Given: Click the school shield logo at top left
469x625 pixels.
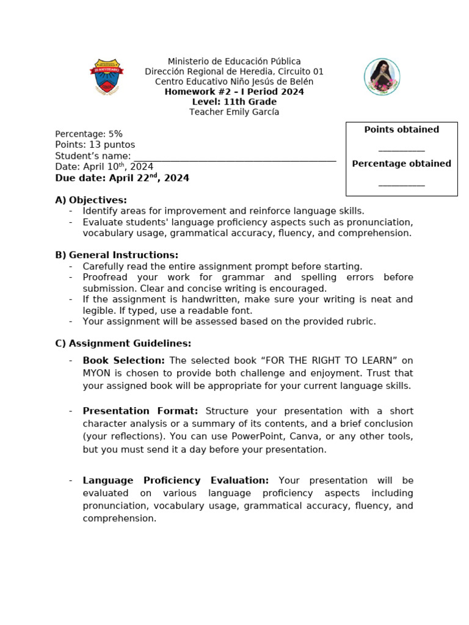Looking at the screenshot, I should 107,77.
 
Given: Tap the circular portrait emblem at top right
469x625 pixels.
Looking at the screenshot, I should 382,77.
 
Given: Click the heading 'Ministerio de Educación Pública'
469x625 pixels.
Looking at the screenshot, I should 234,62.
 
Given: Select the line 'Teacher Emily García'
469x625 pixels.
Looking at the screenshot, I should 234,112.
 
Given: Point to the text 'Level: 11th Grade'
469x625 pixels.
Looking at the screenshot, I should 234,102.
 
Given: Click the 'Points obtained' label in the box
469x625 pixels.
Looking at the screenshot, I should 401,129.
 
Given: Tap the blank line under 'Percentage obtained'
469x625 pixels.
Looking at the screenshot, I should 401,183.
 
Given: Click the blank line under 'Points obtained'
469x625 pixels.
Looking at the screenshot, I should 401,149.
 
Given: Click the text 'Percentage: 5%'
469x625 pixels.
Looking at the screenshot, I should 89,134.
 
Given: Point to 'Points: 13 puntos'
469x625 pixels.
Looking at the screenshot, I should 95,145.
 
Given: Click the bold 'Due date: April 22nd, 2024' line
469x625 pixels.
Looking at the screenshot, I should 122,178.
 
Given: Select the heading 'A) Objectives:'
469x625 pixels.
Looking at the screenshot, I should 91,200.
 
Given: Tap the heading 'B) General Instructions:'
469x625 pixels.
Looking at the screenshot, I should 117,255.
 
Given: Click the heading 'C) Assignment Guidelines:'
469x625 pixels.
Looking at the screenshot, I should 123,344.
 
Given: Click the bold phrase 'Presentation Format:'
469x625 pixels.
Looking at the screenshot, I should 140,411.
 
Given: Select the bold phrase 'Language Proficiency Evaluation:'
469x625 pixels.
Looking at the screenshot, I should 175,480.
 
